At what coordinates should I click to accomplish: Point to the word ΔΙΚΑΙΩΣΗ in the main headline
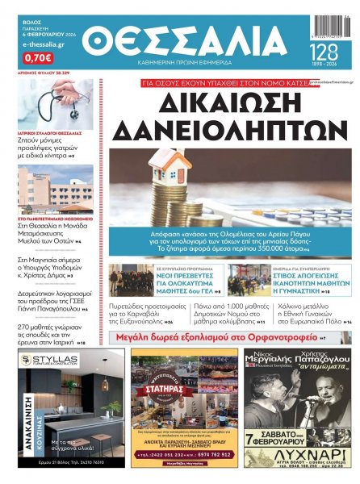[224, 103]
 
